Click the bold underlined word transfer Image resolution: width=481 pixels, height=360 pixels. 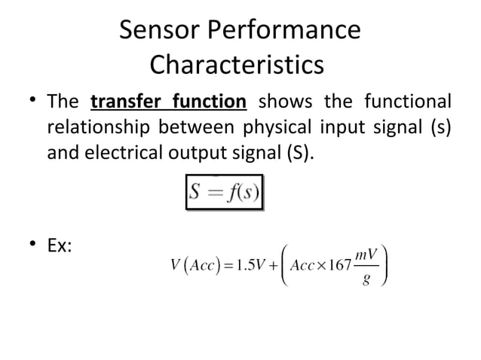[124, 102]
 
